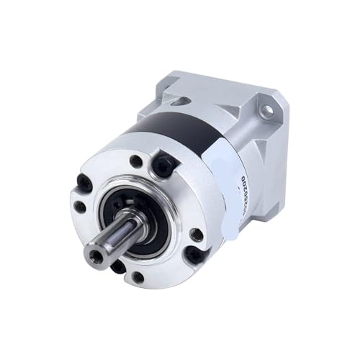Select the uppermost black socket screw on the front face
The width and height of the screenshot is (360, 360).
coord(162,166)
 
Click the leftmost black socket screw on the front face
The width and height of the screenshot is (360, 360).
coord(85,184)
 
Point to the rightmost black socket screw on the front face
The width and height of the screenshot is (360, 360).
coord(194,253)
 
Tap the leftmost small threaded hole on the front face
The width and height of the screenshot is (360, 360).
coord(79,207)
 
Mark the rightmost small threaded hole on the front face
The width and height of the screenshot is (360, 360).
coord(196,234)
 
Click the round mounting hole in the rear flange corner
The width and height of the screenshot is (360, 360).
coord(266,111)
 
